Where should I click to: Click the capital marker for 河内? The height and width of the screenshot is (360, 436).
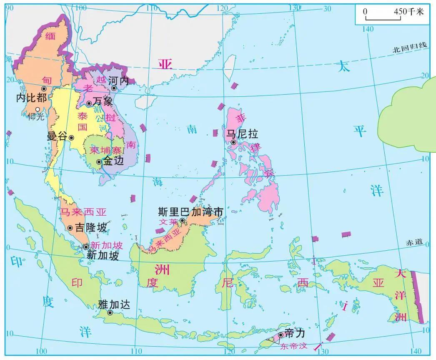[x=113, y=88]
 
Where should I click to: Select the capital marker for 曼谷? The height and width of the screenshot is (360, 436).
[x=71, y=137]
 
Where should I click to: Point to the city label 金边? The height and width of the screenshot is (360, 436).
[x=114, y=161]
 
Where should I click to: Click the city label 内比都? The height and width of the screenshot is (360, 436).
[x=31, y=98]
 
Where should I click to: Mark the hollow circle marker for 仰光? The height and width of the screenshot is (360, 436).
[x=38, y=109]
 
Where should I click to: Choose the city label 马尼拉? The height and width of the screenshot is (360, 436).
[x=242, y=134]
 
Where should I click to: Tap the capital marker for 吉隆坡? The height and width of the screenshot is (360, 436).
[x=70, y=228]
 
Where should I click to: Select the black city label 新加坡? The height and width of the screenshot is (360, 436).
[x=102, y=255]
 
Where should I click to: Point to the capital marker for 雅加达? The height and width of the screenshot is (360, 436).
[x=110, y=312]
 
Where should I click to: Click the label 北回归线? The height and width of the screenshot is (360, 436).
[x=410, y=48]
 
